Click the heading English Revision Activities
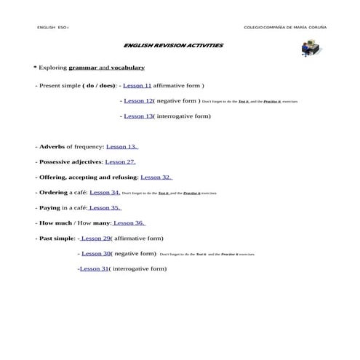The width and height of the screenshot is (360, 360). (174, 45)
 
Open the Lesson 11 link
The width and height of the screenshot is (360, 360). (137, 85)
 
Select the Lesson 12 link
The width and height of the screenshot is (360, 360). (138, 100)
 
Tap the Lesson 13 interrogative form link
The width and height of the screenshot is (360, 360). (138, 116)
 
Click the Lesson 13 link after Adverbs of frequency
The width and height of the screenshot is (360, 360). (122, 146)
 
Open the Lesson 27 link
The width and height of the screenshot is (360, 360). (120, 161)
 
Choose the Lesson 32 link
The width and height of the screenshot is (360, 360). (156, 177)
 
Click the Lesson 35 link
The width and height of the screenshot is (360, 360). (105, 207)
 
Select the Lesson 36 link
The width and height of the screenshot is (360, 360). (129, 223)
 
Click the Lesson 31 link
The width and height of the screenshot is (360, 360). (93, 268)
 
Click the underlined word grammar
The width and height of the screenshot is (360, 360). (82, 67)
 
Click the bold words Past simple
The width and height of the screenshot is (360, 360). (56, 238)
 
